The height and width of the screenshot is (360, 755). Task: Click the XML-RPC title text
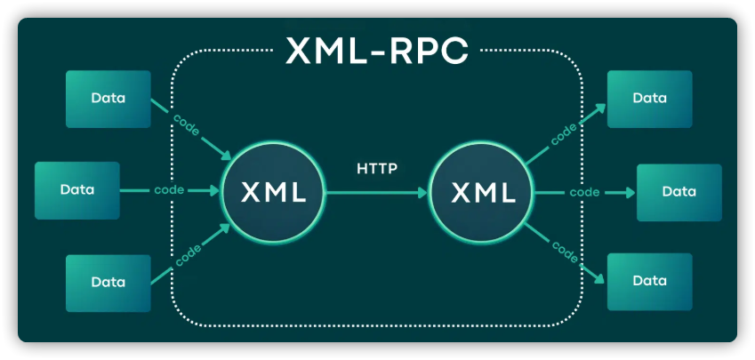click(x=376, y=52)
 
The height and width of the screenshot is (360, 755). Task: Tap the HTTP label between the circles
click(x=377, y=167)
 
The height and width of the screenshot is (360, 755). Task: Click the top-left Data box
click(x=108, y=98)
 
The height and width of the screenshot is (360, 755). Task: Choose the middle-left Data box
click(x=77, y=189)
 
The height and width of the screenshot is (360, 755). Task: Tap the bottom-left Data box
click(x=108, y=282)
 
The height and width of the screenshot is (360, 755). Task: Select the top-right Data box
click(x=649, y=98)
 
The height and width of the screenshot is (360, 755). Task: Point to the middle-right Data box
click(x=679, y=191)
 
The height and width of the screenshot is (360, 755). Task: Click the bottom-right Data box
click(x=649, y=281)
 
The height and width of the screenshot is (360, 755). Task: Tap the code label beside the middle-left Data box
click(x=169, y=190)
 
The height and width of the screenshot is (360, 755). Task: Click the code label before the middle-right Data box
click(x=583, y=191)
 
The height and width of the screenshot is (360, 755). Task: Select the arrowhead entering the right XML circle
click(x=421, y=191)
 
